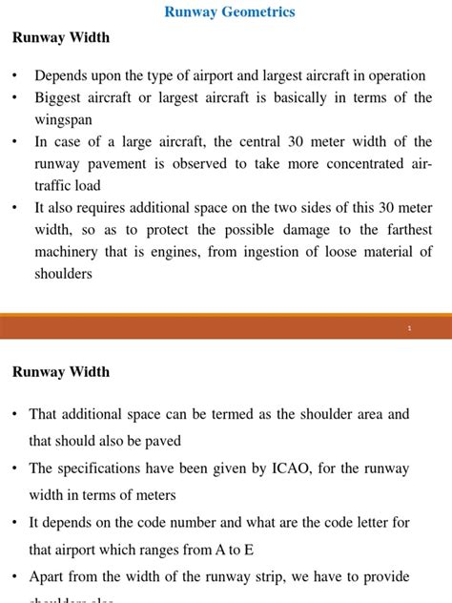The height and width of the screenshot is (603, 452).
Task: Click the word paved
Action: click(x=163, y=442)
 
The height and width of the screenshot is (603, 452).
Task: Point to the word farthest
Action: click(x=405, y=230)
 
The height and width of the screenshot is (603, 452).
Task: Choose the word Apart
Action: click(x=48, y=577)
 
